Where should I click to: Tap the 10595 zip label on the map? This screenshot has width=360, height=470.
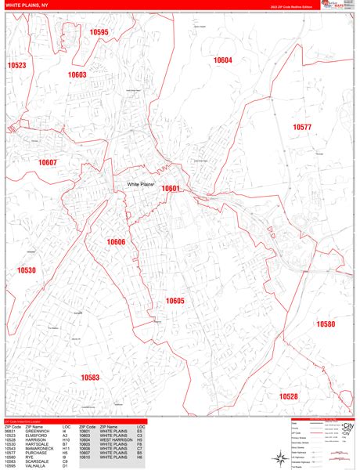point(99,32)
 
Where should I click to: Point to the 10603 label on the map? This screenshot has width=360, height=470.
point(77,75)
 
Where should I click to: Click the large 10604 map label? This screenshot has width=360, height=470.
point(223,60)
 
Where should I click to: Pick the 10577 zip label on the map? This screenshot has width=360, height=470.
point(302,127)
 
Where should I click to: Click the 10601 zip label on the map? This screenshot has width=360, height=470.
point(171,188)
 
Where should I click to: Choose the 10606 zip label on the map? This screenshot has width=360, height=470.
point(115,242)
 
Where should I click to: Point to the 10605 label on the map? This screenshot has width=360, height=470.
point(175,301)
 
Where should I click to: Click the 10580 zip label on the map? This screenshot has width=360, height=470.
point(326,324)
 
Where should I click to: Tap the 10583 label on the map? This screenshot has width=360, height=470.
point(90,378)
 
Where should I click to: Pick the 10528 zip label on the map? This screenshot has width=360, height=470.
point(289,397)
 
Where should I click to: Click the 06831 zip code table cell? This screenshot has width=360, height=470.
point(11,431)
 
